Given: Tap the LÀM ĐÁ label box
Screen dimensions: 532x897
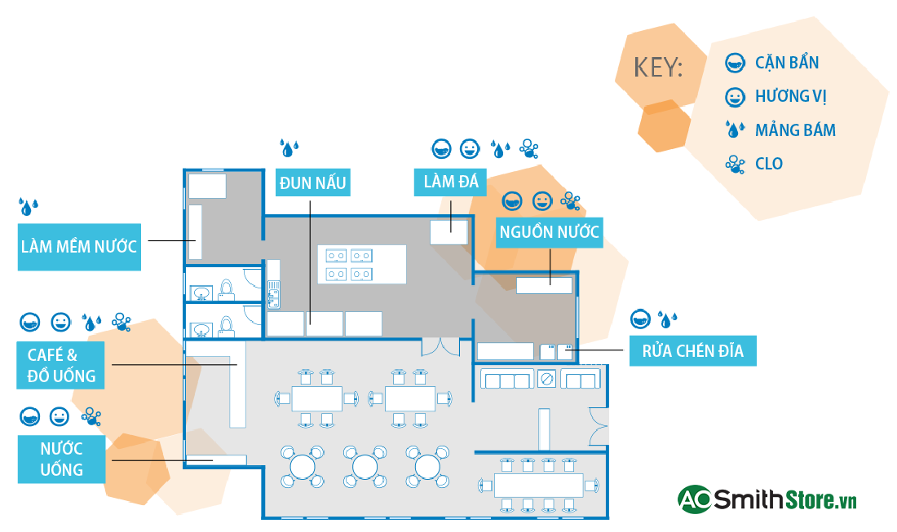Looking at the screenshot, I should (x=450, y=181).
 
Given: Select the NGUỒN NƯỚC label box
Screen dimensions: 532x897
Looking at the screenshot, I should (x=550, y=232).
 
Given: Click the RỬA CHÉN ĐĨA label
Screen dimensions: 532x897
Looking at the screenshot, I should (x=692, y=352).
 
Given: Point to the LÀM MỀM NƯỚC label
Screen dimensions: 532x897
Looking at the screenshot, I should (x=79, y=246).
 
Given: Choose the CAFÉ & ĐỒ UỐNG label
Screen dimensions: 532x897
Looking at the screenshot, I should (x=61, y=365).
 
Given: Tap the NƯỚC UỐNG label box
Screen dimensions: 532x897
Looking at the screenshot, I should (x=62, y=459).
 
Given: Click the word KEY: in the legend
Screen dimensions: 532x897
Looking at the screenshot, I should (x=657, y=68).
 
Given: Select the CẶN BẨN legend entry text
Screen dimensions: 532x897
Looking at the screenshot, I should (x=786, y=63).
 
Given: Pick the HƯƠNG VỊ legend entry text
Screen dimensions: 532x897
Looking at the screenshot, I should (x=790, y=96).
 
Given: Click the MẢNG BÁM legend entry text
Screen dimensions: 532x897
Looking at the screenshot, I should (x=794, y=130).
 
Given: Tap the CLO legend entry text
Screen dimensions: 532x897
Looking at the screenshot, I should (x=769, y=164).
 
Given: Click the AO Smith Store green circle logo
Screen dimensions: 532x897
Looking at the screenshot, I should (x=695, y=499).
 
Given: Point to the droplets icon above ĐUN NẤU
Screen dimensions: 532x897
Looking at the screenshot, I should (x=289, y=147).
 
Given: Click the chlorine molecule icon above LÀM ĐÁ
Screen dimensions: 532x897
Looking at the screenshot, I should (x=529, y=148).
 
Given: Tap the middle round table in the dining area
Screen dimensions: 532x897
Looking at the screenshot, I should (x=365, y=466).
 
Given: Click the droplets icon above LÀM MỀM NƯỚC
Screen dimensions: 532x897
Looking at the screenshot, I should (x=29, y=207).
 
